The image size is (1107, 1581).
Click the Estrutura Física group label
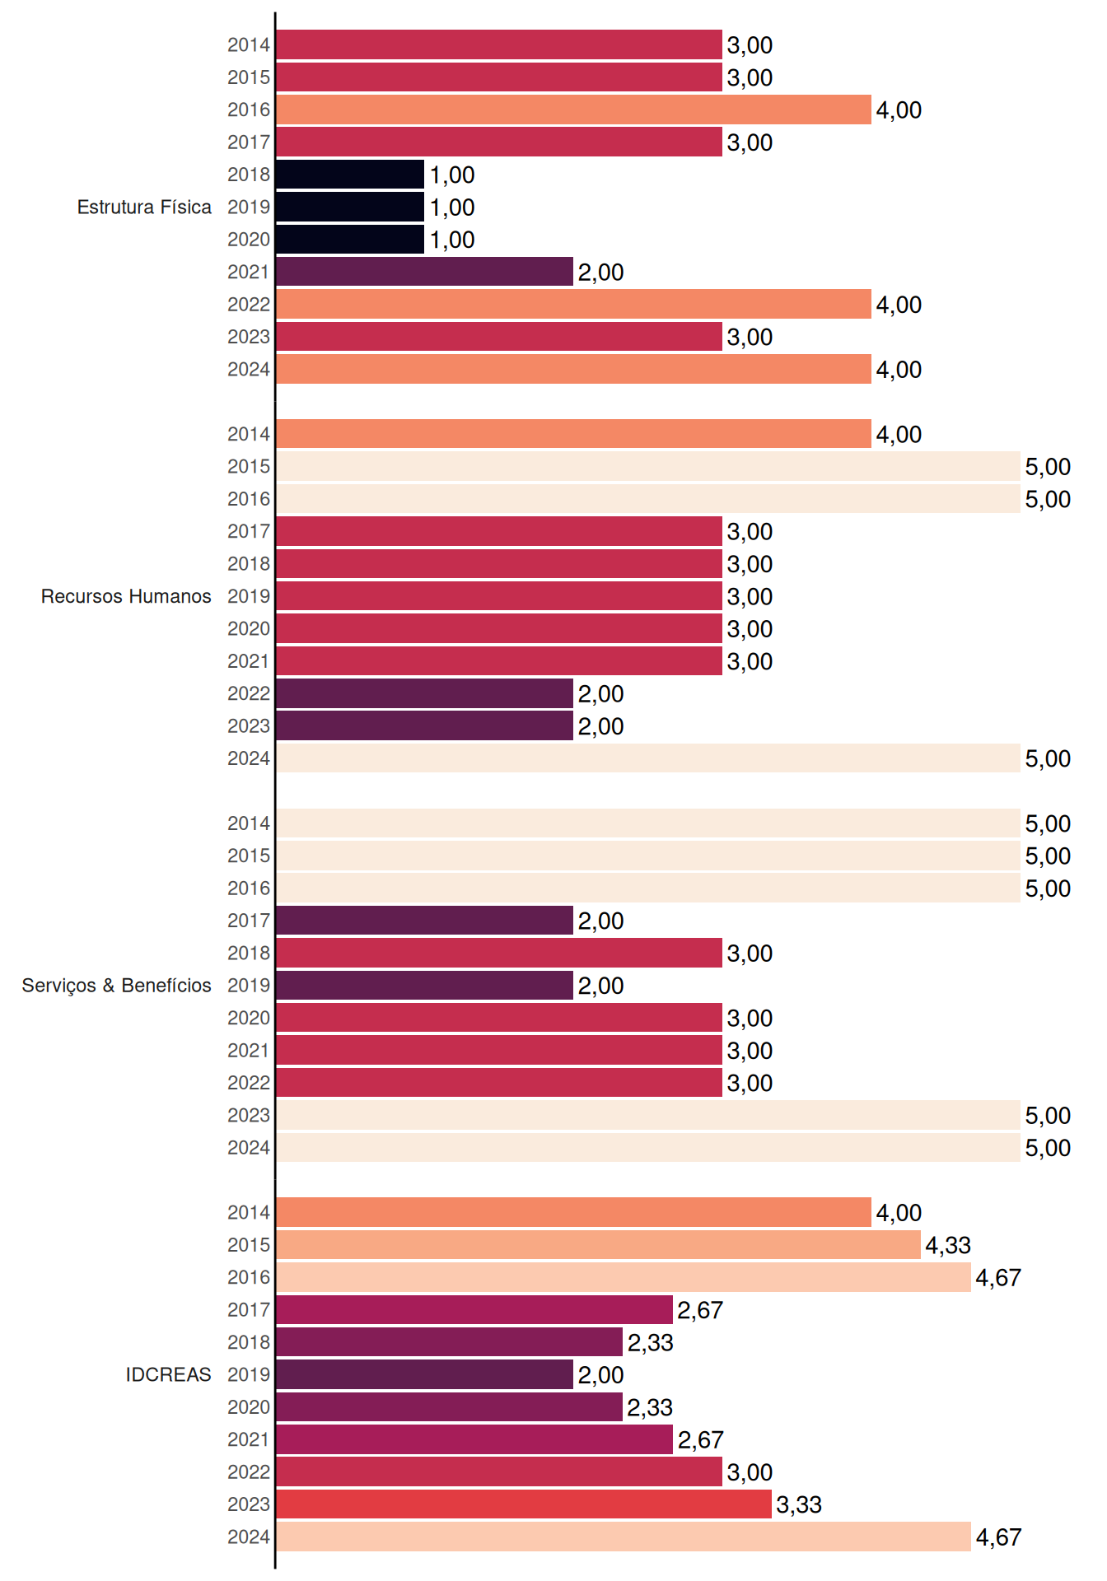click(144, 207)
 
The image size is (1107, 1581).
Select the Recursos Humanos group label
click(126, 596)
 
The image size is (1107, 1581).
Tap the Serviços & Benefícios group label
click(116, 986)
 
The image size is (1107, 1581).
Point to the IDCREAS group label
click(168, 1374)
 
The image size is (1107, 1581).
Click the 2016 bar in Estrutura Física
click(573, 110)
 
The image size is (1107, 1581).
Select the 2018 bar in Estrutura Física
click(350, 175)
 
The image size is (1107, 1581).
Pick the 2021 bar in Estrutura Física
click(424, 272)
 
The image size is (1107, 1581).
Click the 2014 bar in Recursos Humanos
click(573, 434)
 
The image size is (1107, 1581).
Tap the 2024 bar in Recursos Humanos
click(648, 758)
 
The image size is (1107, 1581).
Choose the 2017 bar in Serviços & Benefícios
click(424, 921)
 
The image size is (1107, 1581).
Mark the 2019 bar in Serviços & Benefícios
click(424, 986)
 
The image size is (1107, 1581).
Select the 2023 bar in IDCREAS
click(524, 1504)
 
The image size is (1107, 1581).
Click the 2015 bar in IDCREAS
click(598, 1245)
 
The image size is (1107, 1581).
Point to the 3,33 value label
click(799, 1505)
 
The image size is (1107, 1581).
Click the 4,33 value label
click(948, 1246)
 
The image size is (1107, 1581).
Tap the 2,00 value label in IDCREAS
click(600, 1375)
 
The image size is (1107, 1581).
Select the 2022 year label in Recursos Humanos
click(249, 693)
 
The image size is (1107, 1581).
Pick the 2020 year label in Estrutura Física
click(249, 240)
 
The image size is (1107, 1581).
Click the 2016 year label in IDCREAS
click(249, 1277)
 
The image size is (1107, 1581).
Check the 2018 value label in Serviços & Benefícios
click(750, 954)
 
